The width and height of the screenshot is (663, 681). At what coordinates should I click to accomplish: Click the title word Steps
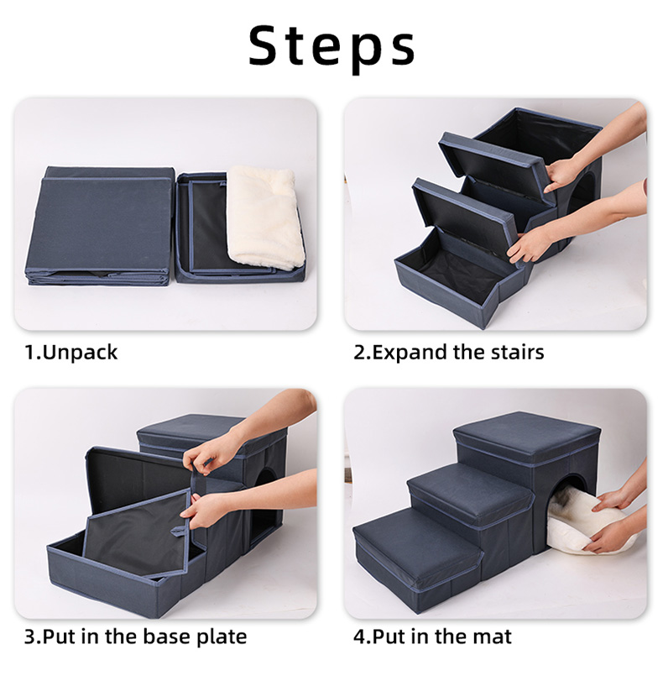pos(331,45)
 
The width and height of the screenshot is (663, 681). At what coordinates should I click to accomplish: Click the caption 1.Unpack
pos(71,352)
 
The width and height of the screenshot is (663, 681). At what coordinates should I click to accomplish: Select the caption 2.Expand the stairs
pos(448,352)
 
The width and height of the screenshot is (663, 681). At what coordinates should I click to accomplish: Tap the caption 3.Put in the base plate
pos(135,636)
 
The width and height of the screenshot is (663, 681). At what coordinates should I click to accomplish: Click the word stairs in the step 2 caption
pos(513,352)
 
